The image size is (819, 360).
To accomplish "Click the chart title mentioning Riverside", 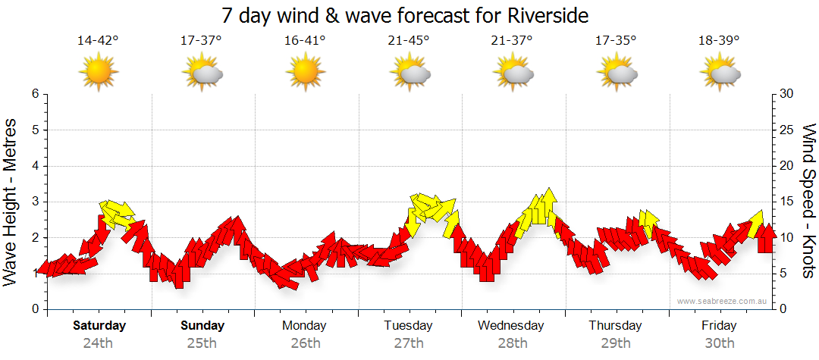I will (406, 15).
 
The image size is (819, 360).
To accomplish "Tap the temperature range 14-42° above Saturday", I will (99, 41).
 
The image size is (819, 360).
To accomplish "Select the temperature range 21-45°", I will (409, 41).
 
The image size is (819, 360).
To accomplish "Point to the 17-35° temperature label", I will (616, 41).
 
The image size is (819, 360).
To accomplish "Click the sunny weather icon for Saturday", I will (99, 72).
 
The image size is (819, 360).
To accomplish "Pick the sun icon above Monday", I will (306, 72).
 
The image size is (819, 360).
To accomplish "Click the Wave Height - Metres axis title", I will (11, 202).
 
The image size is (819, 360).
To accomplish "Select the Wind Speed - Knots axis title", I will (807, 202).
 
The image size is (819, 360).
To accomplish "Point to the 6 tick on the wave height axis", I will (35, 94).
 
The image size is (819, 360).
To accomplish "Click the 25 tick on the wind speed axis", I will (786, 130).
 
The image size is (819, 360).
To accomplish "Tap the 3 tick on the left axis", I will (35, 202).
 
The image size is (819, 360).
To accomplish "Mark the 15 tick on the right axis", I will (786, 202).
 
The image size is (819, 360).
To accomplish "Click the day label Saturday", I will (99, 326).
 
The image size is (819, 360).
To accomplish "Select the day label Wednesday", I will (511, 326).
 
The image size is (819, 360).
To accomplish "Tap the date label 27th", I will (409, 343).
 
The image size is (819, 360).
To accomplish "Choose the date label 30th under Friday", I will (719, 343).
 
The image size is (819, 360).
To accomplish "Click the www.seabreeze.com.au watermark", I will (723, 301).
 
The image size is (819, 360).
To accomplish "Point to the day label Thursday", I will (615, 326).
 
